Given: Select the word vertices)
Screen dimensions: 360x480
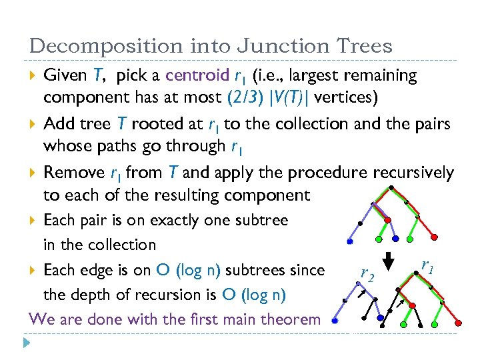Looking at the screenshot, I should (346, 98).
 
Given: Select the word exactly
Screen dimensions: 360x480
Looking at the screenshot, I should (174, 221).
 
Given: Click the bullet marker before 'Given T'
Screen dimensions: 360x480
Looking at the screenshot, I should (33, 76).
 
